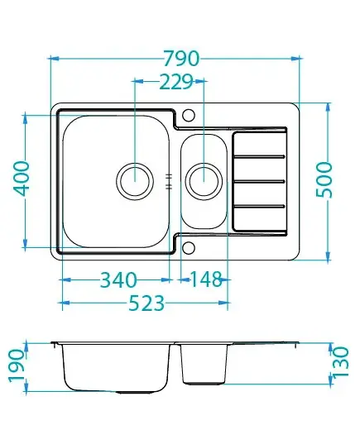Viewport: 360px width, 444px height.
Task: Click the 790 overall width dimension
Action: (182, 59)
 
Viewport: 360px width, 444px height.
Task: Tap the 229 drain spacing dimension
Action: (176, 82)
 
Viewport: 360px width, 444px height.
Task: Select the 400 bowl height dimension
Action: (22, 179)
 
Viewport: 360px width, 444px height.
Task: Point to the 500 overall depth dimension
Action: (324, 180)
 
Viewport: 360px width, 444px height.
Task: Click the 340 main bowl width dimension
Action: (119, 280)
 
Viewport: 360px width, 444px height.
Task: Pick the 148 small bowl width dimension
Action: (206, 279)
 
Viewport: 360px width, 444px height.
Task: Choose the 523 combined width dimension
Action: (146, 303)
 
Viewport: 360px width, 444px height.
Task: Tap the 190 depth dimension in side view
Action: (17, 365)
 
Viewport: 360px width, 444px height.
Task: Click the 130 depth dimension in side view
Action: (341, 362)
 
